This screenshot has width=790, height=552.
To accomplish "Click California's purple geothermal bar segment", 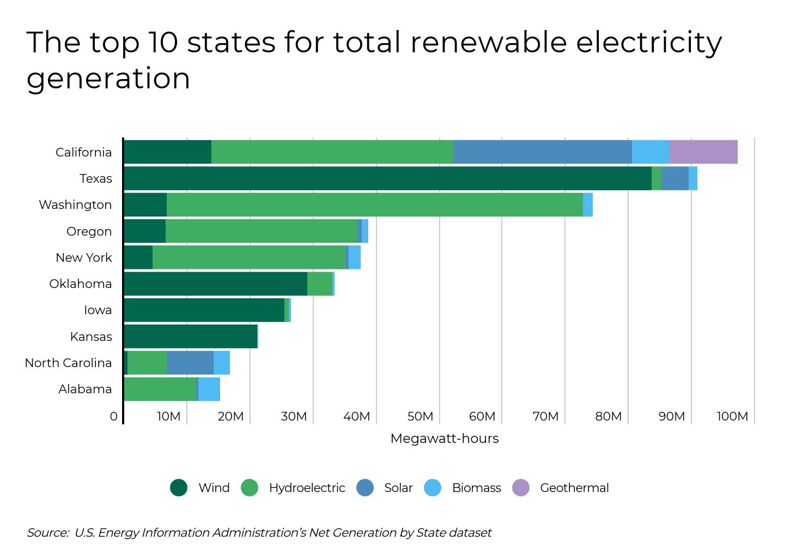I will click(703, 152).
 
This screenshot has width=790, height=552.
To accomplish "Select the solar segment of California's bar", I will click(542, 152).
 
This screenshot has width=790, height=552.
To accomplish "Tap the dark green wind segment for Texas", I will click(387, 178).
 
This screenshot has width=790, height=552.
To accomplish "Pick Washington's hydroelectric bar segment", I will click(374, 205).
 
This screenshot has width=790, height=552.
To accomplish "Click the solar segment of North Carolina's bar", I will click(190, 363).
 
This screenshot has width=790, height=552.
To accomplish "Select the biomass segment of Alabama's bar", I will click(209, 389).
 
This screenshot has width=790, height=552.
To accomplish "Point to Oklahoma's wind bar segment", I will click(215, 284).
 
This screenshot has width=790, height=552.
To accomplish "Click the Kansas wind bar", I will click(190, 337).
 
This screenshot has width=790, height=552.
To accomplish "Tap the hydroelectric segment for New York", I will click(248, 257).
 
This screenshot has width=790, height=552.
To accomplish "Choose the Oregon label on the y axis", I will click(89, 231).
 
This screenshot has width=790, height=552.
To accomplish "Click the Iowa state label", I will click(98, 310).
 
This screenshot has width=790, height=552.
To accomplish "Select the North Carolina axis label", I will click(68, 363).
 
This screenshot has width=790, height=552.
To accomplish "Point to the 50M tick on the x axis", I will click(420, 417).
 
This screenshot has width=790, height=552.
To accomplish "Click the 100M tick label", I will click(732, 417).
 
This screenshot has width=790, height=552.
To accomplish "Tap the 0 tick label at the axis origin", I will click(113, 417).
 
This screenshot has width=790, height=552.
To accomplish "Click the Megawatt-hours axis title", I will click(444, 439).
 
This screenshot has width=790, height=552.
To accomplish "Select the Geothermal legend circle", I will click(521, 488).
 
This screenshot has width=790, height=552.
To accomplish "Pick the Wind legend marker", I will click(179, 488).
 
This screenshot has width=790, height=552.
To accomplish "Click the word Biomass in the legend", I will click(476, 488).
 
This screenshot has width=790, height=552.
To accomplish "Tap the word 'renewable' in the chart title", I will click(488, 43).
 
